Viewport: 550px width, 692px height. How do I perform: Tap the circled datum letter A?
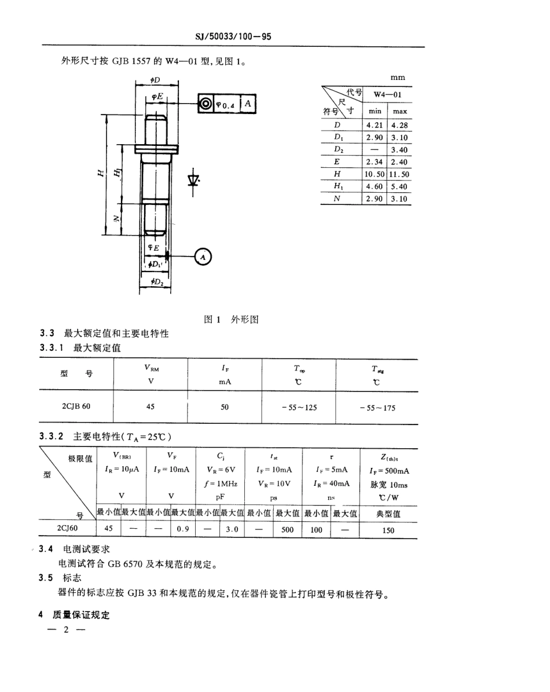pyautogui.click(x=203, y=256)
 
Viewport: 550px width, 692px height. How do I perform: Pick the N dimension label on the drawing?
pyautogui.click(x=116, y=218)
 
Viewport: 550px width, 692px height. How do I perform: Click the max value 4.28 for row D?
pyautogui.click(x=399, y=125)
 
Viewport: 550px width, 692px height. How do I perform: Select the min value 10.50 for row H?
pyautogui.click(x=375, y=174)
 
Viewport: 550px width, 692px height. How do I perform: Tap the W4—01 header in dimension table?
pyautogui.click(x=387, y=94)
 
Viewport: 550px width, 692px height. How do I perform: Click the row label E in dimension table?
pyautogui.click(x=338, y=162)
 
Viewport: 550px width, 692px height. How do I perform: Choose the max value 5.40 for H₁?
pyautogui.click(x=399, y=186)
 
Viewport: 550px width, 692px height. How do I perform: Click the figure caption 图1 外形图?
pyautogui.click(x=231, y=319)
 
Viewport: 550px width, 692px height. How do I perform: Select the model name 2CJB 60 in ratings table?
pyautogui.click(x=76, y=407)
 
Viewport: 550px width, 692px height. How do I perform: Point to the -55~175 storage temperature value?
pyautogui.click(x=377, y=408)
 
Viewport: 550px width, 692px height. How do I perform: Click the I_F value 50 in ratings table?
pyautogui.click(x=225, y=407)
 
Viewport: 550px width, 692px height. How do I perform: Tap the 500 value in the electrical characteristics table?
pyautogui.click(x=287, y=529)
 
